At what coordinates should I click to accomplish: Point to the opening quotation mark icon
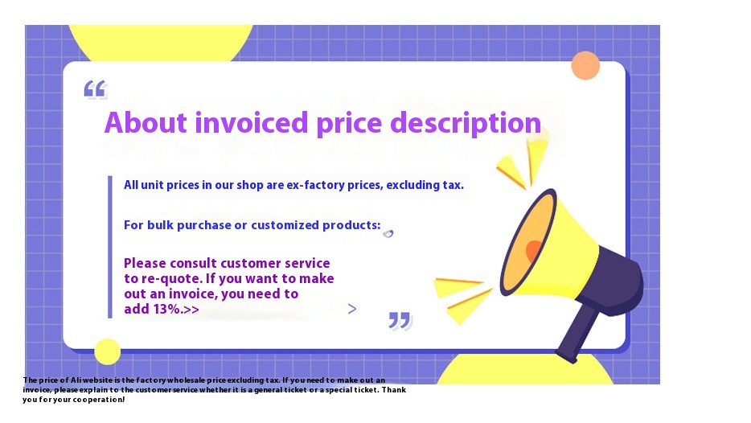(95, 89)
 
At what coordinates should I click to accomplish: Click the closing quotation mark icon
(400, 320)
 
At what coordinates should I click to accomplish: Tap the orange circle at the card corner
(585, 66)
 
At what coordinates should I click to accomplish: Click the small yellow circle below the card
(107, 351)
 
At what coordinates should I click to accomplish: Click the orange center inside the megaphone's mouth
(533, 249)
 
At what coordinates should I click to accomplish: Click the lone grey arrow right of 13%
(351, 309)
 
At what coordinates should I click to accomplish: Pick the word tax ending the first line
(453, 185)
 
